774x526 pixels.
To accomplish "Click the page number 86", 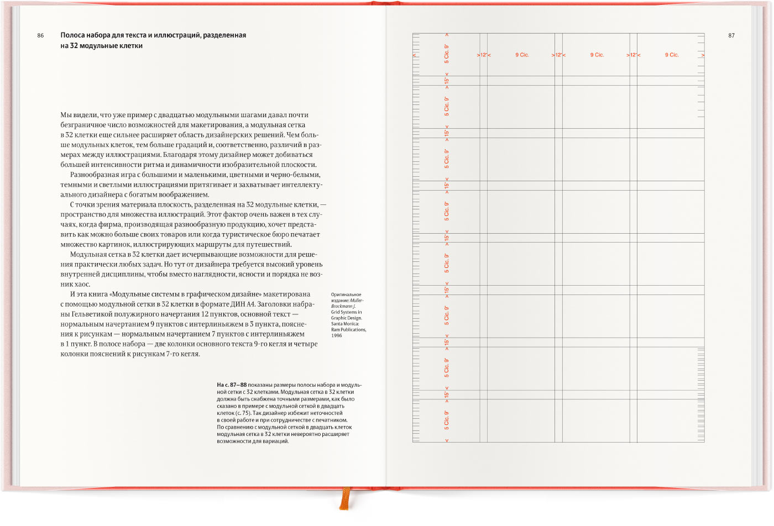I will [40, 35].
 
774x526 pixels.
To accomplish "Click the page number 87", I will [731, 35].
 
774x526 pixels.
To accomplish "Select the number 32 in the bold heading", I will [74, 46].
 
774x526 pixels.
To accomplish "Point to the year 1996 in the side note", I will [337, 335].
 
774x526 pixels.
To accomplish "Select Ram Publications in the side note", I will [348, 329].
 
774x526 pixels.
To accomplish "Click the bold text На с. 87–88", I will [232, 385].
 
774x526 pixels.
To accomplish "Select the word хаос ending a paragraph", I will [82, 285].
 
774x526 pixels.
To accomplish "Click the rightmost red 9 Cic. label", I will [671, 55].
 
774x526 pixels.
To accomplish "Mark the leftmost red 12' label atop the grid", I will [484, 55].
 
